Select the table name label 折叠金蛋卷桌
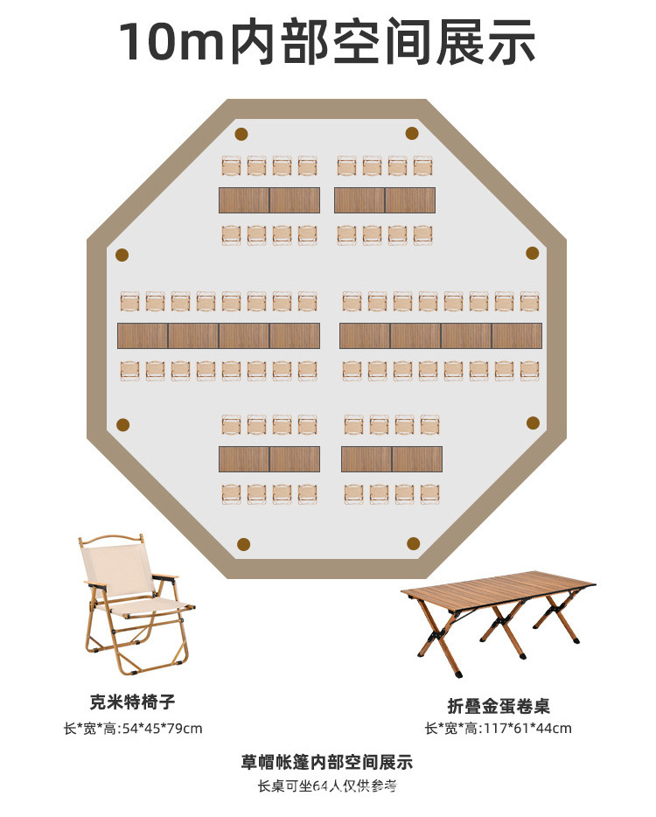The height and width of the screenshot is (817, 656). tap(499, 706)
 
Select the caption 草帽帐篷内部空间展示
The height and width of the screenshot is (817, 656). tap(327, 762)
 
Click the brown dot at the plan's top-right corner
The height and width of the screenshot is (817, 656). tap(412, 133)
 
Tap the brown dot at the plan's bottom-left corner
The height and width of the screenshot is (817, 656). tap(244, 544)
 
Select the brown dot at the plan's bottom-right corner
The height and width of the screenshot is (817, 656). tap(412, 544)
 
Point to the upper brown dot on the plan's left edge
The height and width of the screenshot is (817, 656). tap(122, 255)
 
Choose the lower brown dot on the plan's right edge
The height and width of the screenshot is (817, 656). tap(533, 422)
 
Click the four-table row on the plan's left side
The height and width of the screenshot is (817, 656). tap(219, 336)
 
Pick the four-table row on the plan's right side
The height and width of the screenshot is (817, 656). tap(441, 336)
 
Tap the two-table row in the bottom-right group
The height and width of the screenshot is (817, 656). tap(392, 459)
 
